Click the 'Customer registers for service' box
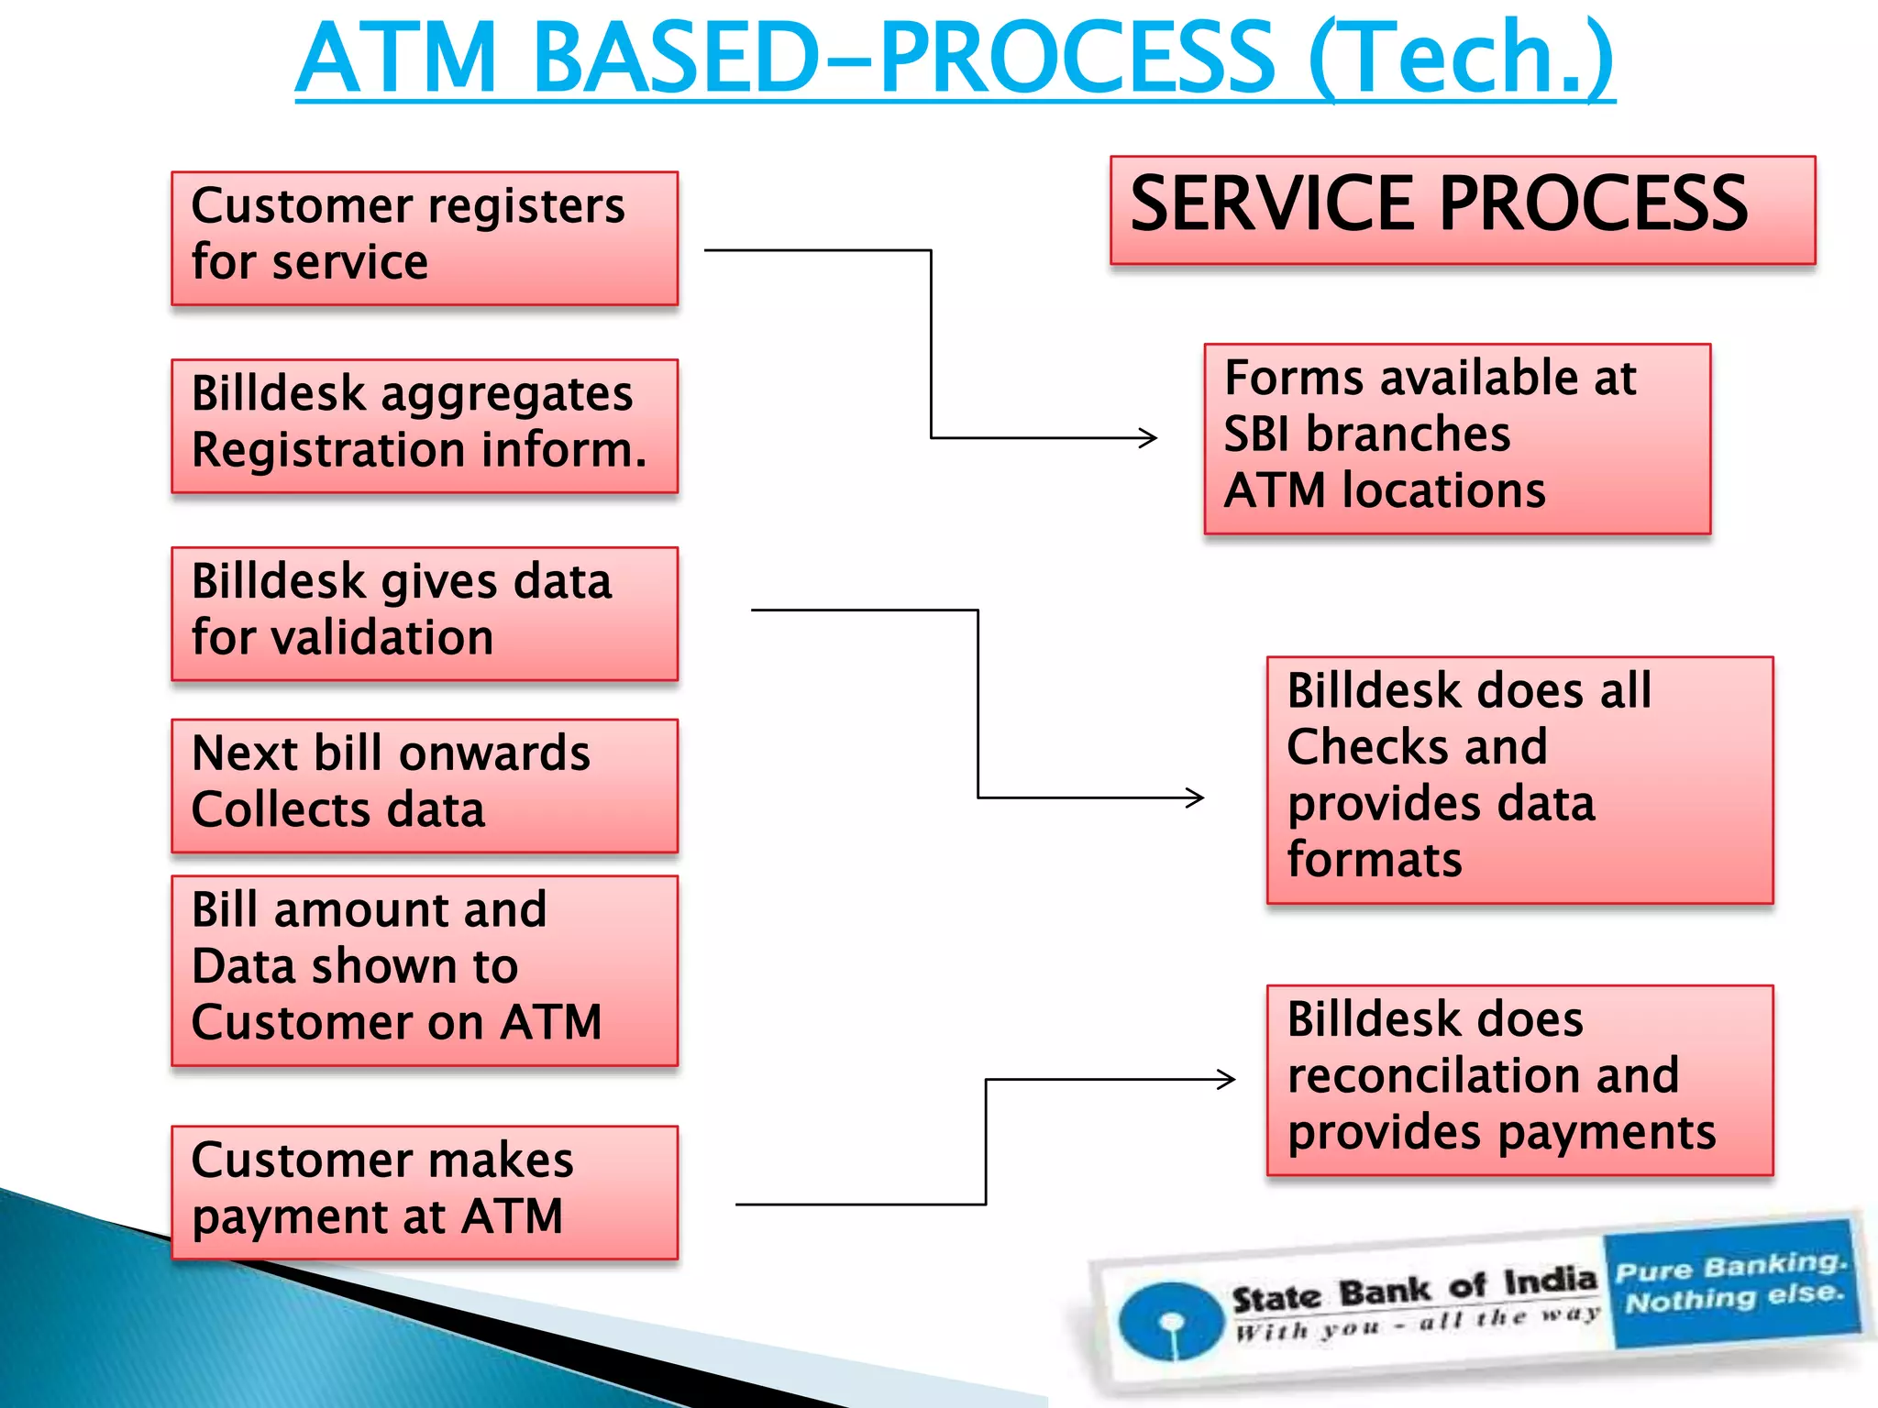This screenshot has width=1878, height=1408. point(425,238)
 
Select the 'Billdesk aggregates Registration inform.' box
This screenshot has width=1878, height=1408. point(425,426)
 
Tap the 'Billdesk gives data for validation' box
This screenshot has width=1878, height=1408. point(425,613)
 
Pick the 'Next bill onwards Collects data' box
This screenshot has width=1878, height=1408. point(425,786)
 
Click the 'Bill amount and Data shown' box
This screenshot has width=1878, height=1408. point(425,970)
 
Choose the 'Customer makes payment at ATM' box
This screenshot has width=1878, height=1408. point(425,1192)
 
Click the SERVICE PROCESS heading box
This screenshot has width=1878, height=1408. point(1462,210)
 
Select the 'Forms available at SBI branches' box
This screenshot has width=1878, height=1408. point(1457,438)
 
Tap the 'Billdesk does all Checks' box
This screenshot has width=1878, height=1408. point(1519,779)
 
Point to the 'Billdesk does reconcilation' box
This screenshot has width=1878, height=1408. point(1519,1080)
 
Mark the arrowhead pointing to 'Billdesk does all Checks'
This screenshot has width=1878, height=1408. point(1196,797)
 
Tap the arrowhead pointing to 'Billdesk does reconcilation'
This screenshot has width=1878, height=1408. point(1227,1079)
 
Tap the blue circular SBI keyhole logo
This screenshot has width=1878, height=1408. point(1171,1321)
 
